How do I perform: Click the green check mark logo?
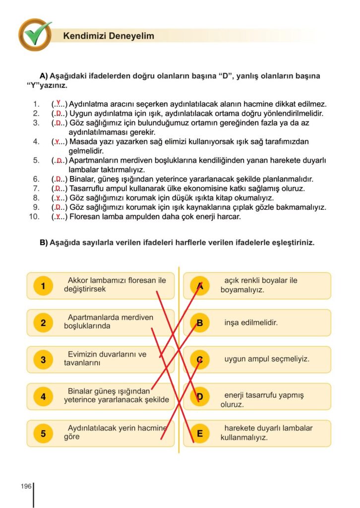[35, 34]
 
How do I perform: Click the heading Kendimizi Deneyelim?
[109, 36]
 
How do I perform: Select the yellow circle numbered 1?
[43, 286]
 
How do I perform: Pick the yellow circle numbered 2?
[43, 323]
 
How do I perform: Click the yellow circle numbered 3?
[43, 360]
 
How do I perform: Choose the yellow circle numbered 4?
[43, 397]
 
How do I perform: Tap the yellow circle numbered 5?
[43, 434]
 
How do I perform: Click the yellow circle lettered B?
[200, 323]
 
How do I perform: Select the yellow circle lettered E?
[200, 434]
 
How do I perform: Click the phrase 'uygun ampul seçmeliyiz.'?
[267, 359]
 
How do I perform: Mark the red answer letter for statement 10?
[59, 216]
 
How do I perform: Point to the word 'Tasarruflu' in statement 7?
[87, 189]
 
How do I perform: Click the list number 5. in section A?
[36, 160]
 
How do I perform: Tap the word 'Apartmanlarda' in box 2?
[92, 317]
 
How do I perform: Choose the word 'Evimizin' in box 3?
[82, 354]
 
